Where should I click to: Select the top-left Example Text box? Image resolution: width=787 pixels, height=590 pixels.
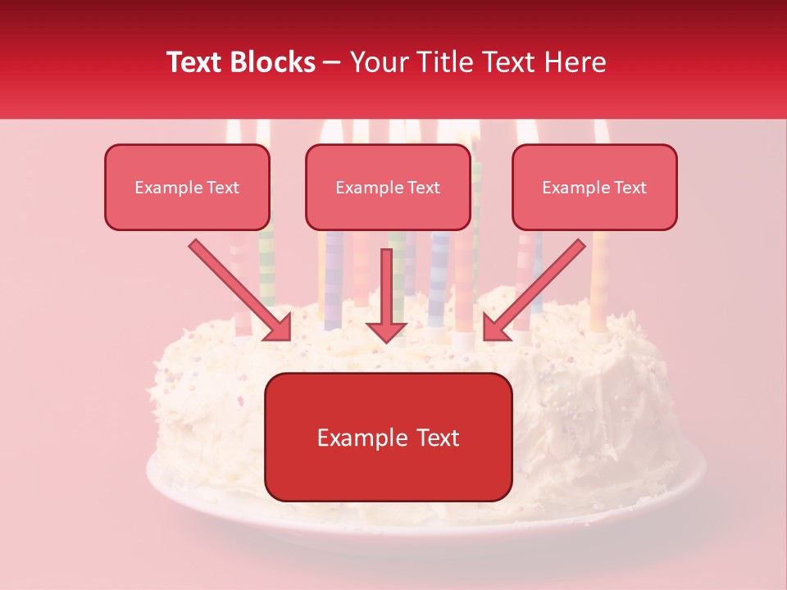(187, 187)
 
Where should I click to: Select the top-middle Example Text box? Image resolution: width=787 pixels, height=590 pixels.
(388, 187)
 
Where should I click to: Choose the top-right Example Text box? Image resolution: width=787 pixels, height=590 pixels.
(594, 187)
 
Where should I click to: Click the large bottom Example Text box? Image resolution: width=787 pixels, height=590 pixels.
(388, 437)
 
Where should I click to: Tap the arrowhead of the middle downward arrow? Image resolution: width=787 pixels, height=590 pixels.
(386, 331)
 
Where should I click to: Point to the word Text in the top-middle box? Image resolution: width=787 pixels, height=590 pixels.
(422, 188)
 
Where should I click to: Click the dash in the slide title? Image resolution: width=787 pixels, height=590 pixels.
(332, 63)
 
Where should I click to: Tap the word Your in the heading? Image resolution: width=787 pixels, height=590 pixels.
(376, 62)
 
